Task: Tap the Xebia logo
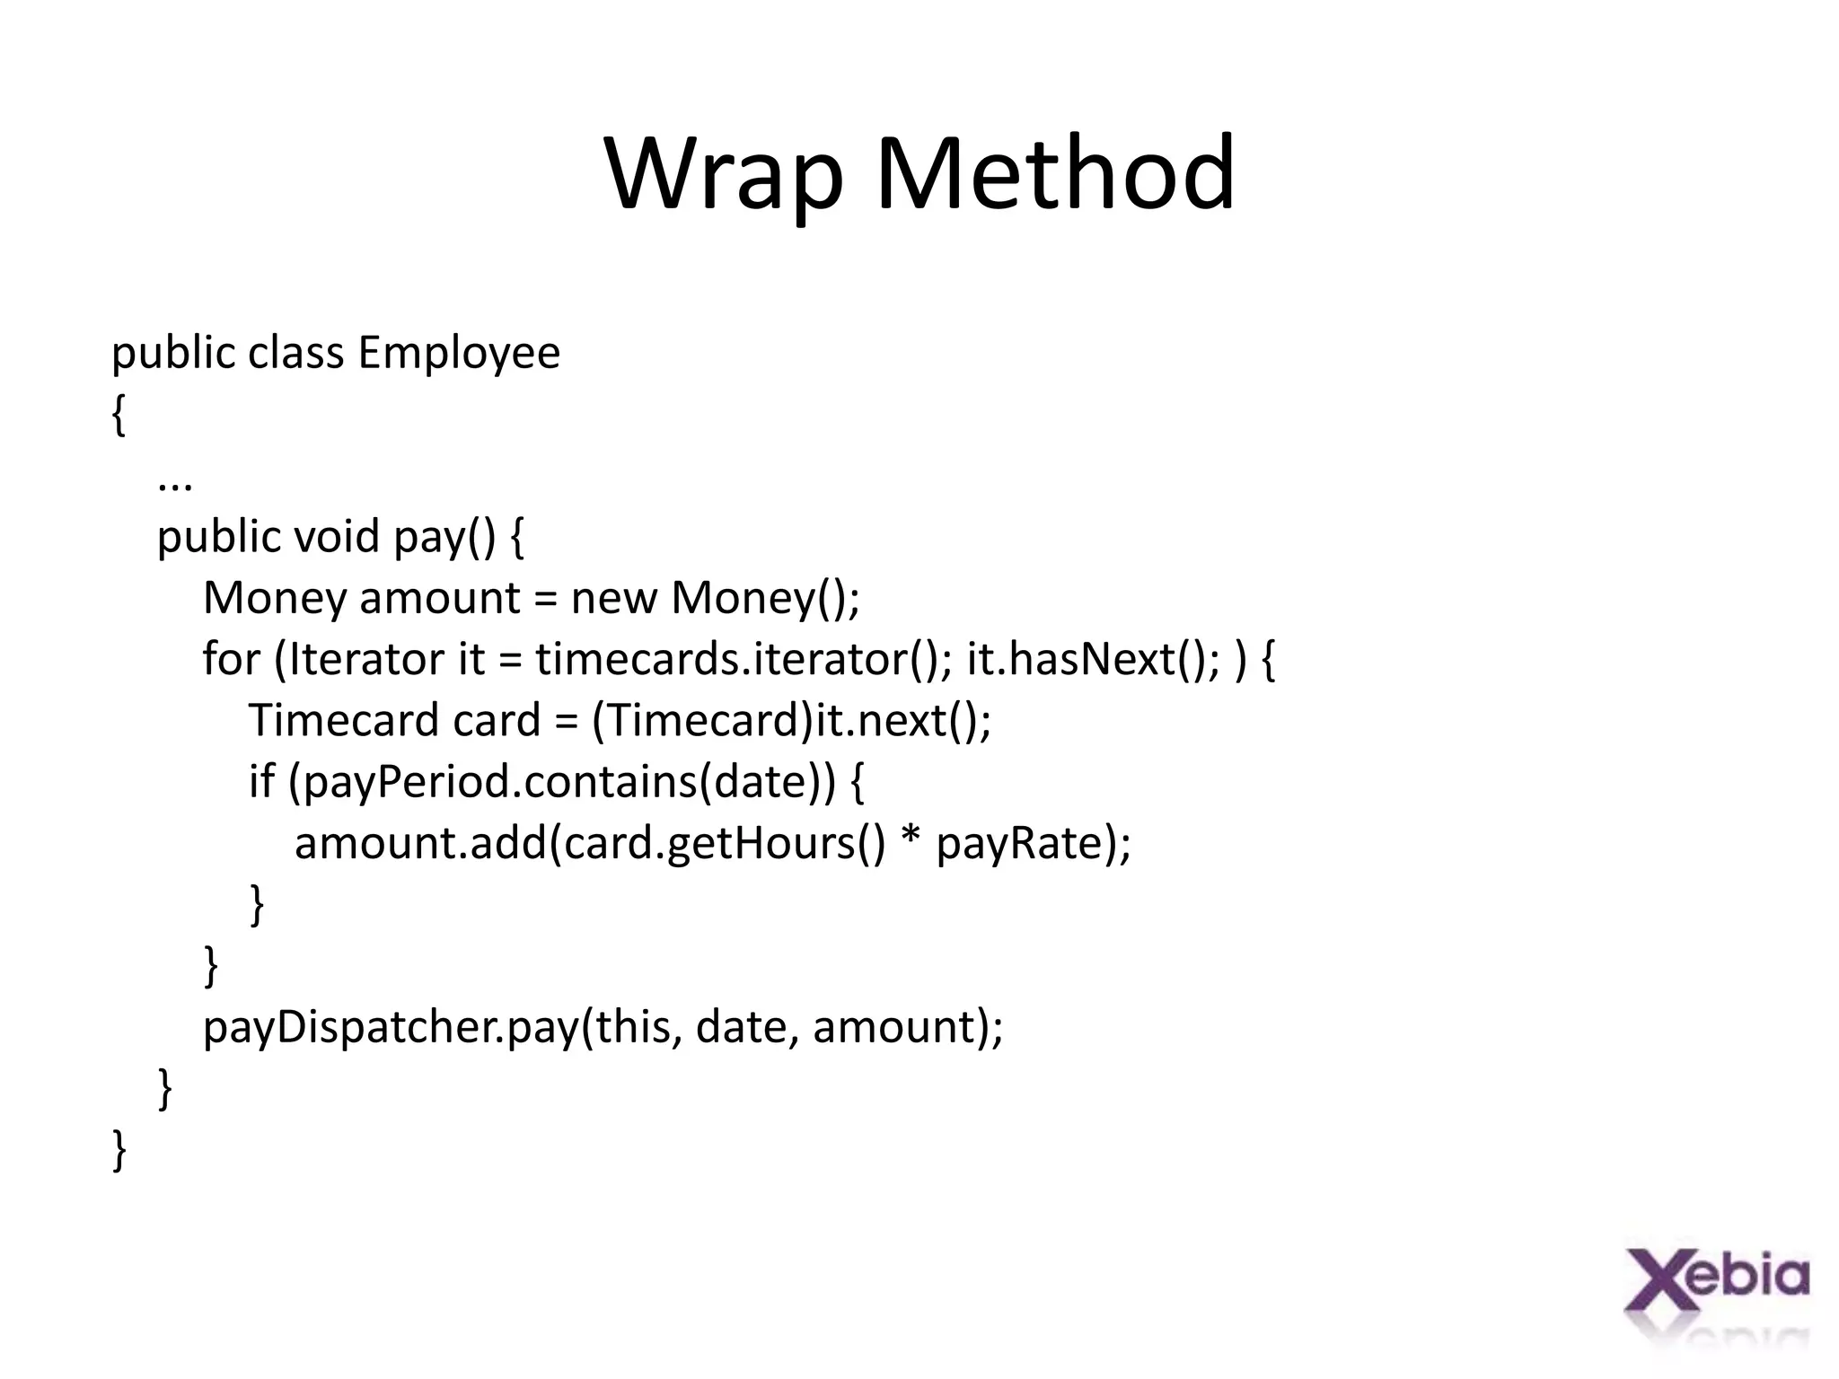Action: (1716, 1293)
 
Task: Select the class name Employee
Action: (459, 352)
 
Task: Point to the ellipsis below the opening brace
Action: (174, 484)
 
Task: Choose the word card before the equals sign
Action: (497, 720)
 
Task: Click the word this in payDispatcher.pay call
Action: (633, 1026)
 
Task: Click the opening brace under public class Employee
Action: (119, 416)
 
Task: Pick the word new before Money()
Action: (613, 598)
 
